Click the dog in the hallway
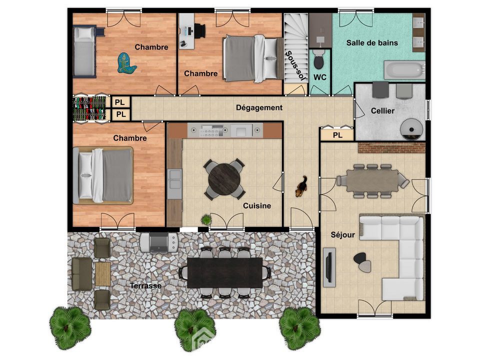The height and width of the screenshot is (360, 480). click(301, 186)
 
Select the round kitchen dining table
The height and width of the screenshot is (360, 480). click(224, 179)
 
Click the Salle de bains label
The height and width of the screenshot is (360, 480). click(372, 43)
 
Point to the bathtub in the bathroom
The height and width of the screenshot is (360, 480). click(404, 70)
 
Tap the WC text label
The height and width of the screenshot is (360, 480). click(320, 77)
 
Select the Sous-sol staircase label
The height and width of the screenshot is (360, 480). click(295, 65)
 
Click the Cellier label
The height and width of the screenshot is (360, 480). click(382, 111)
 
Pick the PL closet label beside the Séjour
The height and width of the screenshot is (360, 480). click(337, 135)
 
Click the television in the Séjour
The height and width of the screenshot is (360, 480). click(329, 267)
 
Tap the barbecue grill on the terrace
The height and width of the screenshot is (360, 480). click(159, 242)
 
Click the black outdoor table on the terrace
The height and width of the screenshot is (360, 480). click(225, 272)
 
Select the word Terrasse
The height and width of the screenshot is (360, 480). click(145, 285)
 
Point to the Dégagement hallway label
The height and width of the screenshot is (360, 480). click(259, 108)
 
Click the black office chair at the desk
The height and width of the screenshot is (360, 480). click(200, 31)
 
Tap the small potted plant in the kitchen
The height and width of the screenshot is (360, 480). click(206, 219)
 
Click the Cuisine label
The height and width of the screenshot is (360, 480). click(257, 205)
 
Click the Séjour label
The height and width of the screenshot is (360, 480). click(343, 235)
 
